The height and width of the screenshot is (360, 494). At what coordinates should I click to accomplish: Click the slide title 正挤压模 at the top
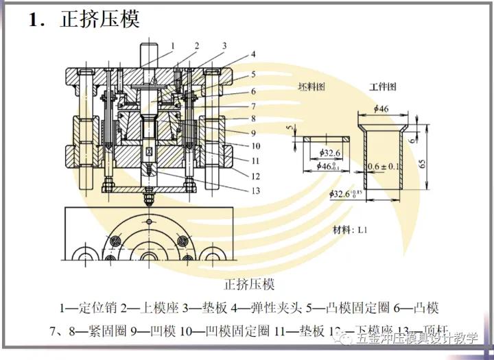point(99,19)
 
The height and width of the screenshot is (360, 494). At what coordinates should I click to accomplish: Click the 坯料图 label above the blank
point(312,87)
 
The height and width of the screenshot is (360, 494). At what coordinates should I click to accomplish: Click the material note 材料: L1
point(351,228)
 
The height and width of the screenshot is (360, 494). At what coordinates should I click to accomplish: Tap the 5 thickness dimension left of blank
point(290,127)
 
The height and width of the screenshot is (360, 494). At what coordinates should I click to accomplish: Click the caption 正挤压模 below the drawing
point(250,283)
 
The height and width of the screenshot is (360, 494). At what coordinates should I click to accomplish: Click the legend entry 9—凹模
point(152,332)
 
